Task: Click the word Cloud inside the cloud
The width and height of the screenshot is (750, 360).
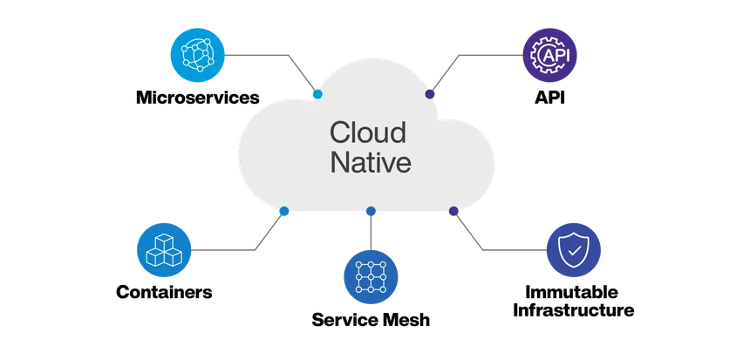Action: (367, 132)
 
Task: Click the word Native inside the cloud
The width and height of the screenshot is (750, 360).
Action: (369, 163)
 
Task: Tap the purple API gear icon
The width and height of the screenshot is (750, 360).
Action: (549, 55)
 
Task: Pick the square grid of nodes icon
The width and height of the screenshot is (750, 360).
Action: (372, 275)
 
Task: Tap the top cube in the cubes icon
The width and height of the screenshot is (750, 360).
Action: (163, 240)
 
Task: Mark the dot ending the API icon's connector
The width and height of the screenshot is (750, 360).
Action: (430, 93)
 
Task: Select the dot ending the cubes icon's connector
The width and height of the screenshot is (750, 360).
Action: (283, 211)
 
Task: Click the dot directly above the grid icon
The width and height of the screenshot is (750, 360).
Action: (372, 211)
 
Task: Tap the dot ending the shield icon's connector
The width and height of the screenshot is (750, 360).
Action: (453, 211)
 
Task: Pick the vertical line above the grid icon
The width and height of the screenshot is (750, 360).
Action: (372, 231)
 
